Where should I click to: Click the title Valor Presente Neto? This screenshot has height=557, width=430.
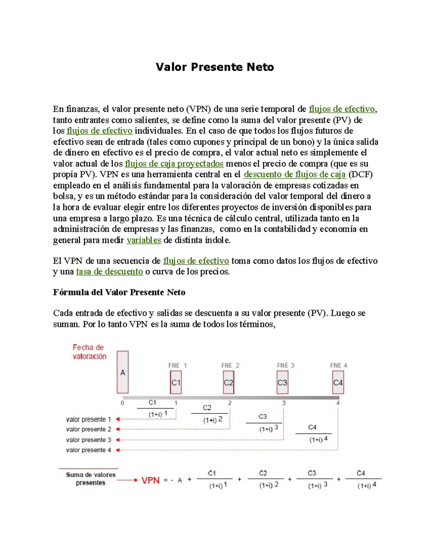[x=215, y=67]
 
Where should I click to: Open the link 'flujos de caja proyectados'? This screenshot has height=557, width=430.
[x=174, y=164]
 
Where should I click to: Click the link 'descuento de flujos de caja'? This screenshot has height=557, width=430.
[x=295, y=175]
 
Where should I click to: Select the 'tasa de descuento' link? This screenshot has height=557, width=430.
[x=110, y=272]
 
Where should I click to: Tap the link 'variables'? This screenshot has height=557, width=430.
[x=144, y=240]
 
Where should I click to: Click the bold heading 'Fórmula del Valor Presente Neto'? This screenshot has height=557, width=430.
[x=119, y=292]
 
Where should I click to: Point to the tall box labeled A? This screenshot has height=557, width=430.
[x=123, y=372]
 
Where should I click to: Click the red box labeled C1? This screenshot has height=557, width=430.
[x=176, y=382]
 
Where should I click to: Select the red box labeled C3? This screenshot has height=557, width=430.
[x=282, y=382]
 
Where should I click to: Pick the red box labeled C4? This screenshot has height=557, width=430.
[x=338, y=382]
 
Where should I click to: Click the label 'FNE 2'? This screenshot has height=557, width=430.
[x=230, y=365]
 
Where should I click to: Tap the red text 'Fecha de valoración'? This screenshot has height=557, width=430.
[x=89, y=352]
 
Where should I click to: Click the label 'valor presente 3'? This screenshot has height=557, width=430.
[x=89, y=440]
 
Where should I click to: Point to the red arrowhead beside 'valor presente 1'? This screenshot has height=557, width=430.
[x=118, y=419]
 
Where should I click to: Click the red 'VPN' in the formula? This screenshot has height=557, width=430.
[x=150, y=480]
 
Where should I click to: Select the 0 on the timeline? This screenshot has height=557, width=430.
[x=123, y=403]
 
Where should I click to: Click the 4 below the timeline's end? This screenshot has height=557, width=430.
[x=338, y=403]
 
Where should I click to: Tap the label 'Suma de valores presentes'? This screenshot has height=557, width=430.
[x=91, y=479]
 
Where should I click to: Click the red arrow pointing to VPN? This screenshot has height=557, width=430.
[x=127, y=480]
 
